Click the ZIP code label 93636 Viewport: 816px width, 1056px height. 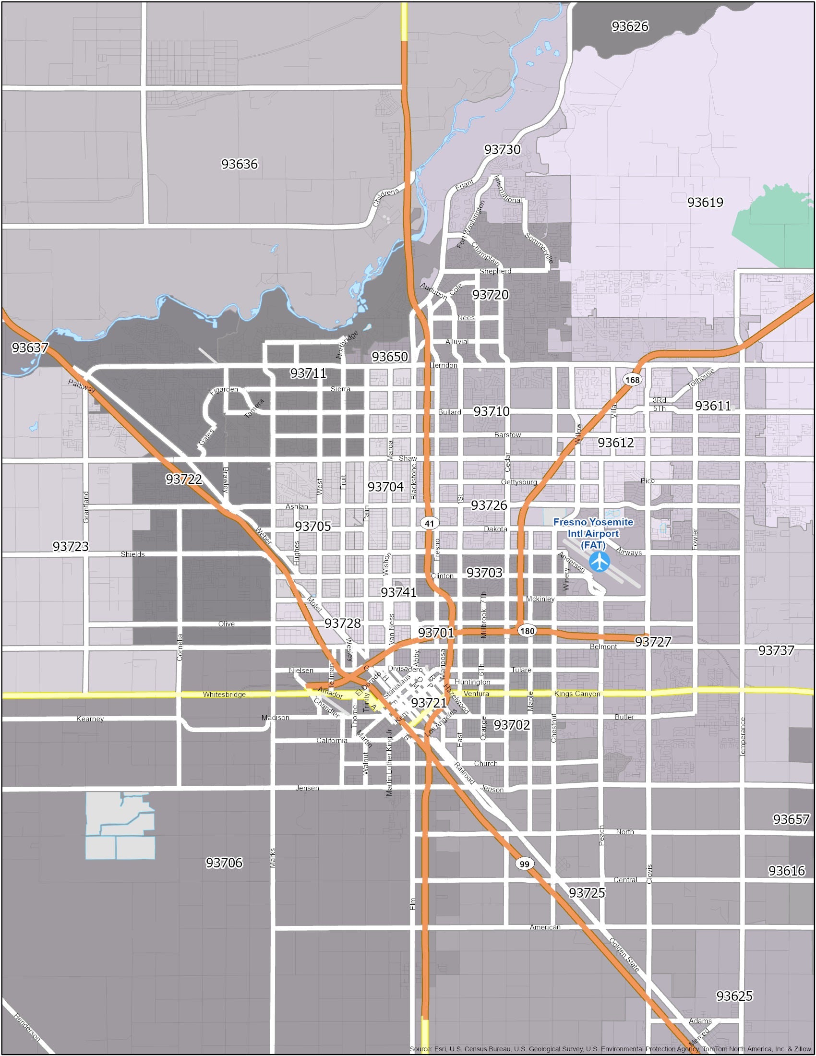click(x=240, y=164)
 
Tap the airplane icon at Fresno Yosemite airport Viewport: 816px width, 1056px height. click(x=600, y=561)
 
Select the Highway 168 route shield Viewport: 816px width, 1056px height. click(x=632, y=380)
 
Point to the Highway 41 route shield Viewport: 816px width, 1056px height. click(x=429, y=523)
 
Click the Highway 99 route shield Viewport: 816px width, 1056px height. click(x=525, y=864)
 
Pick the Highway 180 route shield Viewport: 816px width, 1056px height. click(x=527, y=631)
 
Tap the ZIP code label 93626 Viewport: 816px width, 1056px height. click(x=629, y=26)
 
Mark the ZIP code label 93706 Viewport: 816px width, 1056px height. click(x=224, y=863)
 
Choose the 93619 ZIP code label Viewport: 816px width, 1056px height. click(x=705, y=202)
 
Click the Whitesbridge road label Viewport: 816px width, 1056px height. click(x=224, y=695)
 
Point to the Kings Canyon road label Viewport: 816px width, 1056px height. click(x=576, y=694)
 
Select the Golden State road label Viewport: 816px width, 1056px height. click(x=624, y=955)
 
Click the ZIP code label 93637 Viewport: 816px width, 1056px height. click(x=30, y=348)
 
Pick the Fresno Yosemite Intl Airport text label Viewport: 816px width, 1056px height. click(x=593, y=533)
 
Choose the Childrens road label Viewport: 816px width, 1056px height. click(x=386, y=197)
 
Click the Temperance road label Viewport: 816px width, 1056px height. click(x=743, y=736)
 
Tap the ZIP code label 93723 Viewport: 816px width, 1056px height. click(x=71, y=546)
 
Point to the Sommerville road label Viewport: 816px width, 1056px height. click(x=539, y=248)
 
